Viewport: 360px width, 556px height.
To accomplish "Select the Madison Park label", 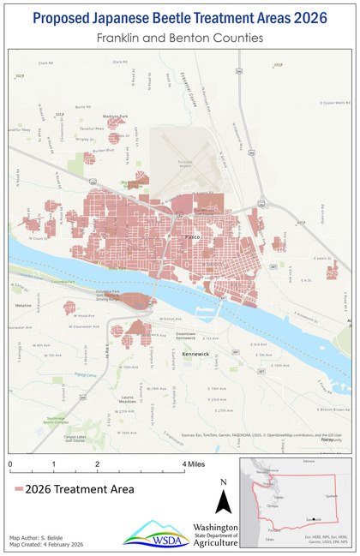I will pos(115,116).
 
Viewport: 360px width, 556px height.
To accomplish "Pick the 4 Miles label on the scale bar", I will pos(195,464).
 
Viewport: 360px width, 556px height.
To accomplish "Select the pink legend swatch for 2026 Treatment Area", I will pos(18,489).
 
